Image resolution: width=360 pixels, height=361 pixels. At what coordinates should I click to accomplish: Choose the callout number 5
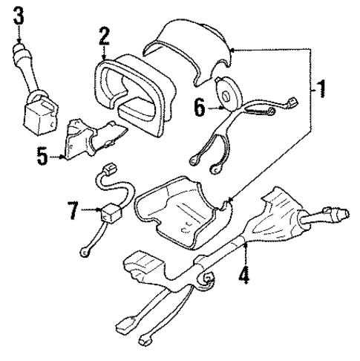coord(42,157)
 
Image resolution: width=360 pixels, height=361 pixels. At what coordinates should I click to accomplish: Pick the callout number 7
coord(73,211)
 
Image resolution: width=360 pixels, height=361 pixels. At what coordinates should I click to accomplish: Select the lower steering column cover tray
coord(182,212)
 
